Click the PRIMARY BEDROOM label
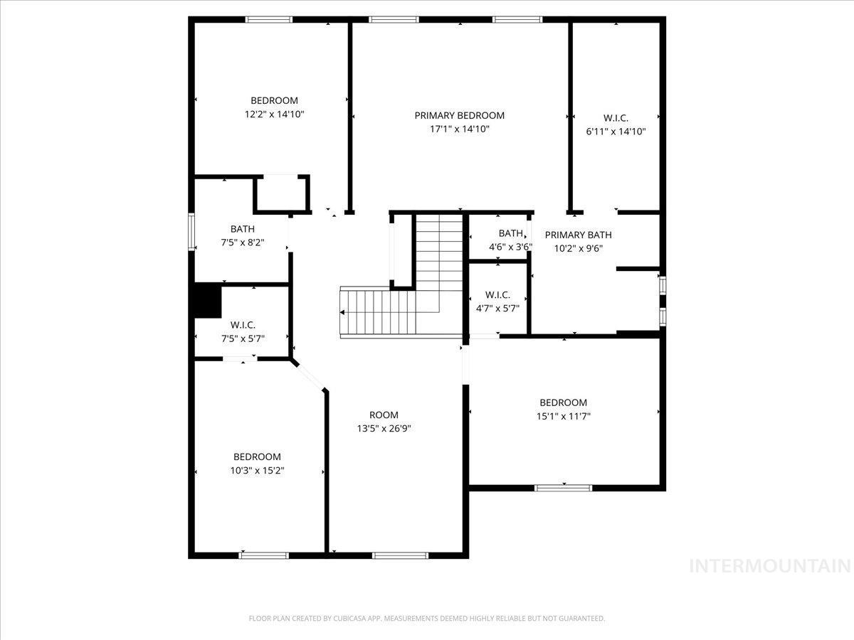coord(460,115)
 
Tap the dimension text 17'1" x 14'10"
coord(460,129)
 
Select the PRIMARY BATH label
coord(578,235)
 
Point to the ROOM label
coord(384,415)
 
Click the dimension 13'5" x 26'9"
coord(384,428)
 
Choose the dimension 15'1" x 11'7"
coord(563,416)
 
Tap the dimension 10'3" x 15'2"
coord(257,470)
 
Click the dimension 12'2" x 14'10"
coord(274,114)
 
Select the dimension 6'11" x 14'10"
coord(616,131)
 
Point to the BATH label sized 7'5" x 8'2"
coord(242,229)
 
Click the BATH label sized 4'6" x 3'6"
coord(510,233)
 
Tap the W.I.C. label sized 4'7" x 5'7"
coord(497,294)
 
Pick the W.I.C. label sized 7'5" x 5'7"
coord(242,325)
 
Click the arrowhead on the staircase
coord(344,312)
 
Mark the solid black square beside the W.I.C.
coord(208,300)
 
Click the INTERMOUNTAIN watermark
coord(770,566)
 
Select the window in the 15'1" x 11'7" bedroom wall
coord(563,488)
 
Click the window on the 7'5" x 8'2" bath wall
coord(191,231)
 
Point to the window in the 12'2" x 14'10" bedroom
coord(269,19)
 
